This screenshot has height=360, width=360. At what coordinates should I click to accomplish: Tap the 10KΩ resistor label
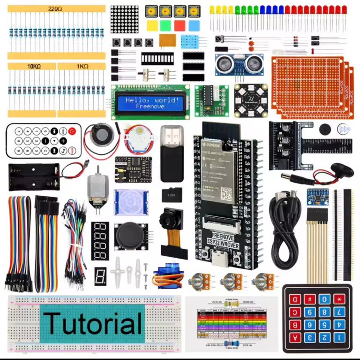tap(31, 67)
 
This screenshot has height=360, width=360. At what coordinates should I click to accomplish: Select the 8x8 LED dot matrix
tap(124, 19)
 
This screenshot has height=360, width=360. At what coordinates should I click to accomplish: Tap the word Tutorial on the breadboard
tap(94, 323)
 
